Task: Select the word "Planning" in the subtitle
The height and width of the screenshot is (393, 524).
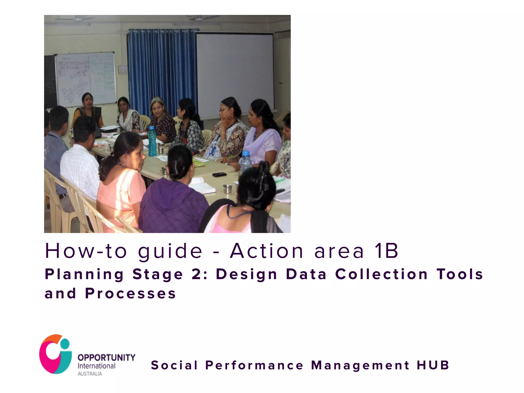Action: [84, 275]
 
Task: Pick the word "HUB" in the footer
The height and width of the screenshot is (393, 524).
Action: [433, 365]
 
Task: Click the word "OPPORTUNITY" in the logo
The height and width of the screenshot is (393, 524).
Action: [106, 357]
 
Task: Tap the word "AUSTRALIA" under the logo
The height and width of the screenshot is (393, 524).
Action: [90, 374]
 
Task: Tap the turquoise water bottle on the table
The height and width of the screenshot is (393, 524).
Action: [152, 141]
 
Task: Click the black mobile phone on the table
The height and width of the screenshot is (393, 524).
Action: [220, 174]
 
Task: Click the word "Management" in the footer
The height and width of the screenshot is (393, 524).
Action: [360, 365]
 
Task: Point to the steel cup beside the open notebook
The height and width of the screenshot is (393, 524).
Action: [227, 189]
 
